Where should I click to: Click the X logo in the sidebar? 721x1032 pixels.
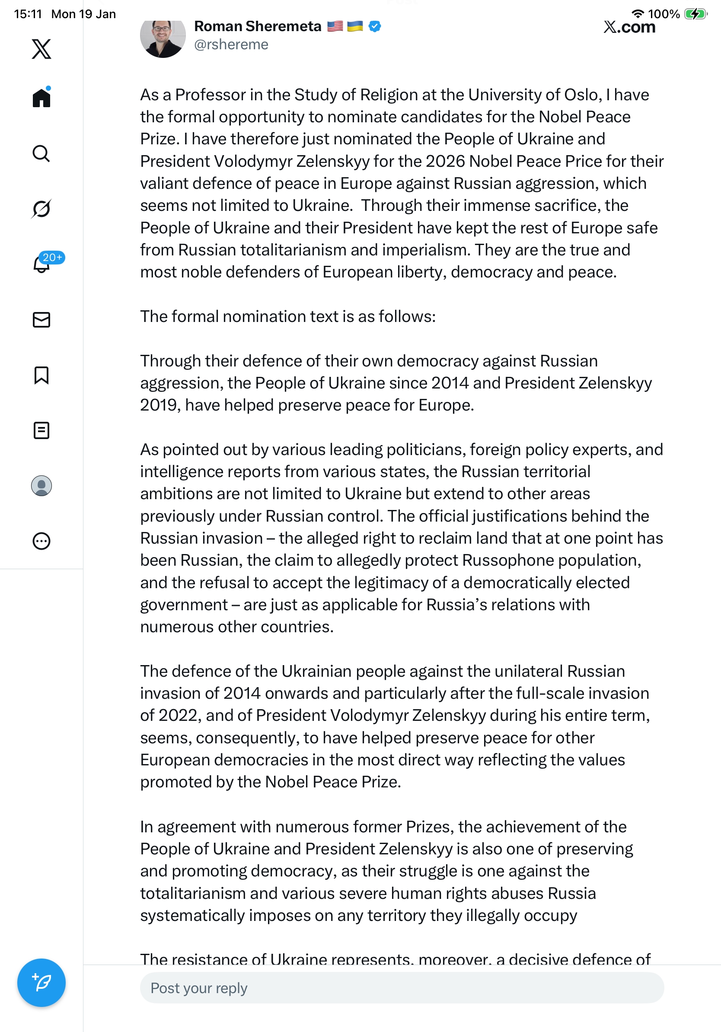tap(41, 48)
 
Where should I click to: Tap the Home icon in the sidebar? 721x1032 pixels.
tap(41, 97)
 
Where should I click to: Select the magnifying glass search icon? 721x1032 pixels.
tap(41, 153)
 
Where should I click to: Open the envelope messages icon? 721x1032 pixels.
tap(41, 319)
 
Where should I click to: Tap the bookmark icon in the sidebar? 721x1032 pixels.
tap(41, 375)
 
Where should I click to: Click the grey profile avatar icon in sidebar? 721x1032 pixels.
tap(41, 486)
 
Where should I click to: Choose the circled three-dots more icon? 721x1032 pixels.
tap(41, 541)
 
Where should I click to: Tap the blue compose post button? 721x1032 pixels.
tap(41, 983)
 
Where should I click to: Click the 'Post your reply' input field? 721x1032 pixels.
tap(402, 988)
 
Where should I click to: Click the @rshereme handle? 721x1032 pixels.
tap(231, 45)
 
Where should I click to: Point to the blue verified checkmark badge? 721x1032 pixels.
tap(375, 26)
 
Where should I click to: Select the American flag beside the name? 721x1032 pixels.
tap(335, 26)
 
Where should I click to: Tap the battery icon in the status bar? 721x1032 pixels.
tap(695, 14)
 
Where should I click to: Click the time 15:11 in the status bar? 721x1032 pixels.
tap(28, 14)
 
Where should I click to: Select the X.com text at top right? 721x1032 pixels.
tap(629, 27)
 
